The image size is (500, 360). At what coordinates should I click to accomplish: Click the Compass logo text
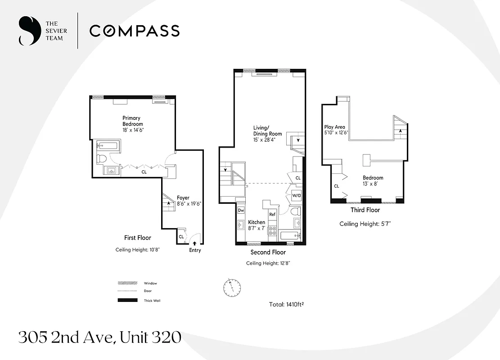pyautogui.click(x=135, y=31)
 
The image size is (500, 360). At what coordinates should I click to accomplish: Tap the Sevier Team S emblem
pyautogui.click(x=27, y=31)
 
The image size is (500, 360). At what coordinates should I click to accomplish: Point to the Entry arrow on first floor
pyautogui.click(x=194, y=243)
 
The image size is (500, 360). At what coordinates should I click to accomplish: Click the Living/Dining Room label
pyautogui.click(x=267, y=134)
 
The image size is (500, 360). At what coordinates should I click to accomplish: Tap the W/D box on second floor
pyautogui.click(x=296, y=196)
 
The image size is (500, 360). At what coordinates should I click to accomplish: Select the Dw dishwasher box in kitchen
pyautogui.click(x=241, y=210)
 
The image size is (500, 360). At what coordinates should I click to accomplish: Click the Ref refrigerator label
pyautogui.click(x=272, y=215)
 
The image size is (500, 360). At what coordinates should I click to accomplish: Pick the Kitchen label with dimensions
pyautogui.click(x=257, y=225)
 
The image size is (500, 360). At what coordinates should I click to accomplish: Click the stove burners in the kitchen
pyautogui.click(x=272, y=230)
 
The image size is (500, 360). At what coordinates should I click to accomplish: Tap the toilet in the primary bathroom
pyautogui.click(x=102, y=159)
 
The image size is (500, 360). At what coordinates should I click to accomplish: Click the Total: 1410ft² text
pyautogui.click(x=288, y=305)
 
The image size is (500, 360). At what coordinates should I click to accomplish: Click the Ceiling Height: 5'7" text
pyautogui.click(x=365, y=224)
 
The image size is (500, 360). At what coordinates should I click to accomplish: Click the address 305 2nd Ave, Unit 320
pyautogui.click(x=99, y=337)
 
